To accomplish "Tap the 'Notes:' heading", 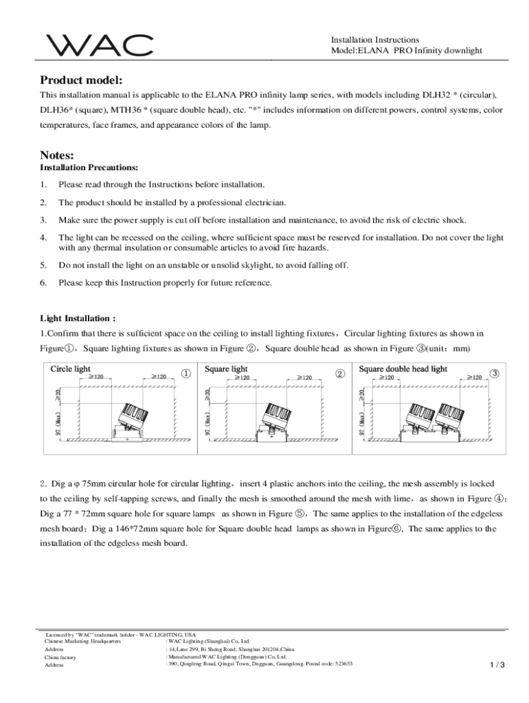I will [x=56, y=155].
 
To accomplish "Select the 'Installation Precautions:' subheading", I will [x=89, y=168].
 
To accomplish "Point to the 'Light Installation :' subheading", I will [x=78, y=319].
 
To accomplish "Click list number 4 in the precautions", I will [x=43, y=238].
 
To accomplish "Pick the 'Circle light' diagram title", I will [x=70, y=369].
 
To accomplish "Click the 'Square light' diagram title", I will [x=226, y=369].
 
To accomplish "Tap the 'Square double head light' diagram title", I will [x=403, y=369].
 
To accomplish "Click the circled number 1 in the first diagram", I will [x=185, y=373].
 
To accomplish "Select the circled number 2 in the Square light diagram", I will [x=339, y=373].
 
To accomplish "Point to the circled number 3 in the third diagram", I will [x=495, y=373].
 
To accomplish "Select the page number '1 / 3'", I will [x=497, y=665].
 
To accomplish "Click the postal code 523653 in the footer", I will [x=339, y=664].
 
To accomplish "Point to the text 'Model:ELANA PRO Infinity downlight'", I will [x=407, y=51].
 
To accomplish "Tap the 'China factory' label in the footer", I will [x=60, y=657].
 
